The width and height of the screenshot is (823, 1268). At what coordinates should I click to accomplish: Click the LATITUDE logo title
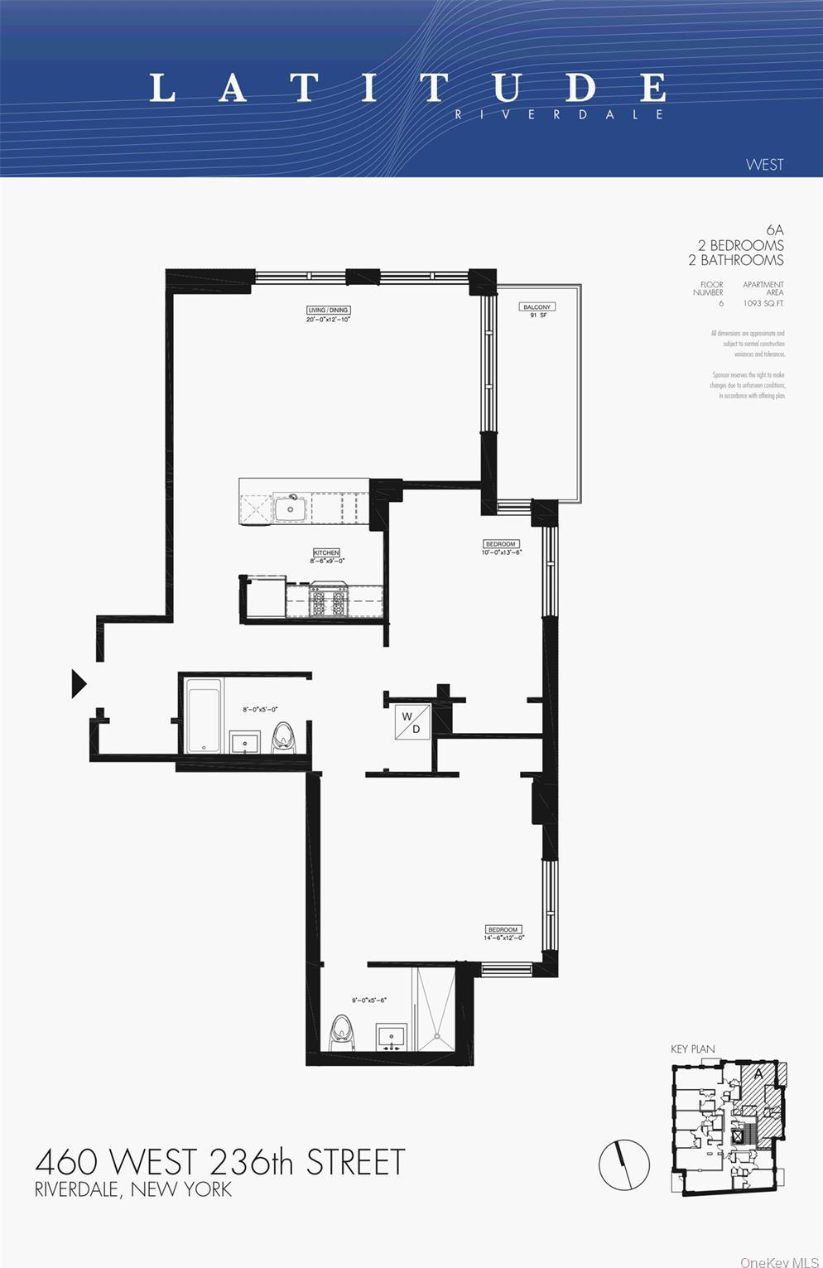pyautogui.click(x=407, y=88)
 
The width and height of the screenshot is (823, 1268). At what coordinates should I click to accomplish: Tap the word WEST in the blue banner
pyautogui.click(x=763, y=164)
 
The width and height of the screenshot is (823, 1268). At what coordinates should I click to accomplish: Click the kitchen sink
pyautogui.click(x=290, y=508)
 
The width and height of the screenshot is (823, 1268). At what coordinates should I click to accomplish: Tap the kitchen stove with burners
pyautogui.click(x=327, y=601)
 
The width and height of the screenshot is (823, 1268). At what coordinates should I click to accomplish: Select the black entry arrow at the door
pyautogui.click(x=79, y=683)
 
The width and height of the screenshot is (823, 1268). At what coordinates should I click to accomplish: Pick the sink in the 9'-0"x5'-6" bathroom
pyautogui.click(x=391, y=1036)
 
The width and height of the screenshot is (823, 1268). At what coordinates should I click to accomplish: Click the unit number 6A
pyautogui.click(x=774, y=229)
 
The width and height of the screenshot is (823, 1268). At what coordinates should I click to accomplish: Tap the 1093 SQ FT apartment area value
pyautogui.click(x=763, y=303)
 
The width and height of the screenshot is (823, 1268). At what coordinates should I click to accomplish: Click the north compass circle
pyautogui.click(x=624, y=1164)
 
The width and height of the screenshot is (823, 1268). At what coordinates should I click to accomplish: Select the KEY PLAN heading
pyautogui.click(x=692, y=1049)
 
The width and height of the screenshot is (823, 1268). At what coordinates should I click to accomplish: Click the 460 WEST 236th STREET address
pyautogui.click(x=220, y=1162)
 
